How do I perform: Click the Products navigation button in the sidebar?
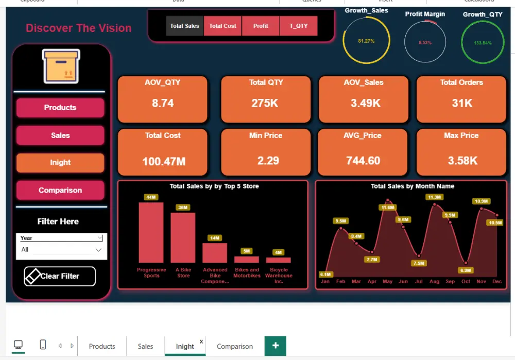[x=60, y=108]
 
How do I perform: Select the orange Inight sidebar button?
[x=60, y=163]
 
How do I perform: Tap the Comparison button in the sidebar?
[x=60, y=191]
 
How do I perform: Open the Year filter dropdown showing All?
[x=61, y=250]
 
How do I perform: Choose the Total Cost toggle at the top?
[x=222, y=26]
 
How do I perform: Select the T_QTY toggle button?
[x=298, y=26]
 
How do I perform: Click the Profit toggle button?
[x=261, y=26]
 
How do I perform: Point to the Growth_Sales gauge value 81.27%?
[x=366, y=41]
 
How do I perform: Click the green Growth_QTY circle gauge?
[x=483, y=43]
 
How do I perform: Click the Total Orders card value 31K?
[x=462, y=103]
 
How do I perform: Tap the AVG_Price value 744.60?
[x=363, y=161]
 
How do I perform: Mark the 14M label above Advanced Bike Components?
[x=215, y=238]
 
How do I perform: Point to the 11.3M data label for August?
[x=434, y=197]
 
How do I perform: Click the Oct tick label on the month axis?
[x=466, y=282]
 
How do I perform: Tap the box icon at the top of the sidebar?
[x=61, y=66]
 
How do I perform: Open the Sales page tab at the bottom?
[x=145, y=346]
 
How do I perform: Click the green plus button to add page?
[x=276, y=346]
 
